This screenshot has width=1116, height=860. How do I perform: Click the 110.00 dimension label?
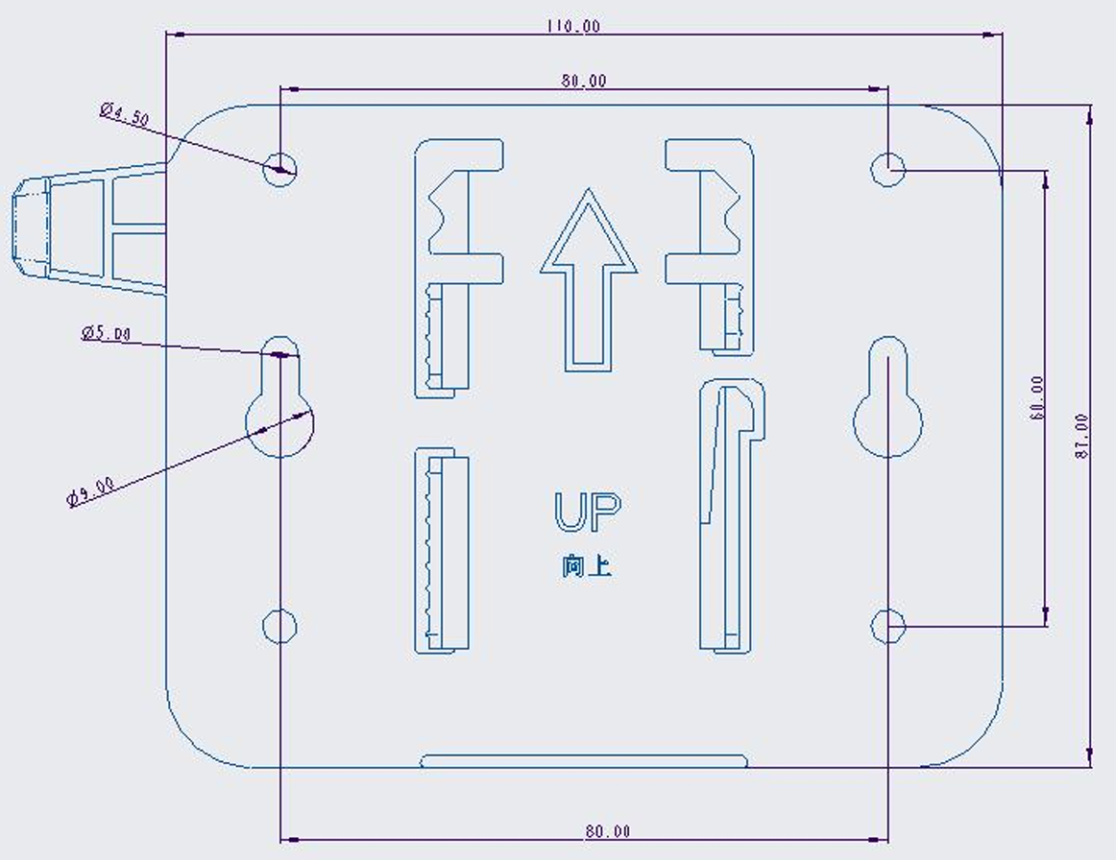tap(573, 26)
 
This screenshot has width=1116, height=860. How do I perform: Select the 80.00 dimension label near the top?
tap(584, 81)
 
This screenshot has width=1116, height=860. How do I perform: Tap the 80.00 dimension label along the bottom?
tap(608, 831)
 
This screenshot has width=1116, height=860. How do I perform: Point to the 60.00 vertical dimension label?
tap(1037, 398)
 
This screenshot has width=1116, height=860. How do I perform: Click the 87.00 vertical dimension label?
tap(1081, 436)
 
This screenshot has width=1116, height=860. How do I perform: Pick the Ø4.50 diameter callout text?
tap(125, 114)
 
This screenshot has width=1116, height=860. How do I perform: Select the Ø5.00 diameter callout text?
tap(106, 333)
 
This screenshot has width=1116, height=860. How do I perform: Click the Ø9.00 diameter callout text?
tap(90, 491)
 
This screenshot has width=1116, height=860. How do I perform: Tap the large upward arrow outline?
tap(588, 279)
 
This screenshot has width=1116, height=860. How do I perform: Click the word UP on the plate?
tap(587, 513)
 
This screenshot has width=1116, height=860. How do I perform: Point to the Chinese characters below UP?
tap(586, 566)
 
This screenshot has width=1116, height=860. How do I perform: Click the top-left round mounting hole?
tap(279, 169)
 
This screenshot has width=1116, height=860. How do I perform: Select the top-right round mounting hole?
tap(888, 169)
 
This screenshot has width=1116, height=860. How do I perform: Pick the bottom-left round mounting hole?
tap(279, 626)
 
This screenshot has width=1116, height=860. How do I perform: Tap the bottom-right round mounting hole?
tap(888, 626)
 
